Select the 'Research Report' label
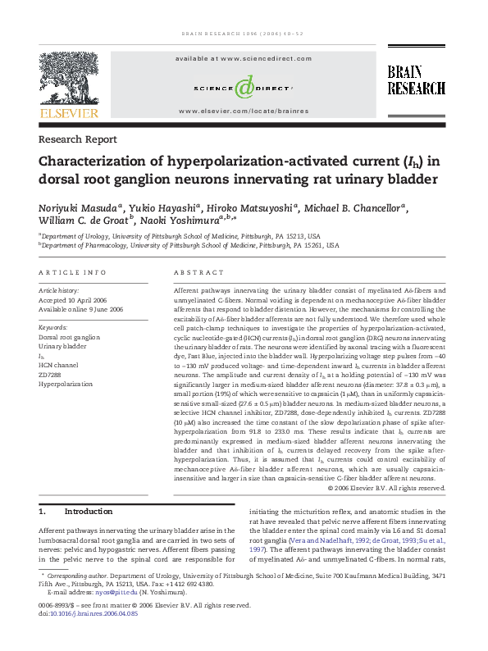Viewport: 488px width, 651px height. point(78,139)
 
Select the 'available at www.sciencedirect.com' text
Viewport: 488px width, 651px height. point(244,60)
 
